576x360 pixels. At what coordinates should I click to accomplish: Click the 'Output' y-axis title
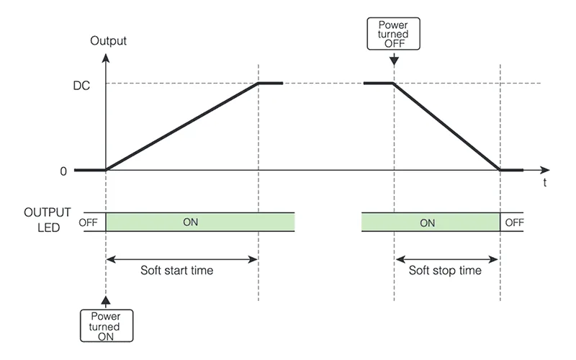point(108,40)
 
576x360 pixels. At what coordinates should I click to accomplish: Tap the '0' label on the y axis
point(63,171)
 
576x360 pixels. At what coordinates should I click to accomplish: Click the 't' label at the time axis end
point(544,184)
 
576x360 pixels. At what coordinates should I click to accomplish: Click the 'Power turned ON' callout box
point(106,326)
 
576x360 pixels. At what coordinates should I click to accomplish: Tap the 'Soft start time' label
point(176,271)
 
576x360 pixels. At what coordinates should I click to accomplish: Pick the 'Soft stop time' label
point(445,271)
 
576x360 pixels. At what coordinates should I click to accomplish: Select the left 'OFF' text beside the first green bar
point(88,222)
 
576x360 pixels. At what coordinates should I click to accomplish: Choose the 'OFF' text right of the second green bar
point(514,222)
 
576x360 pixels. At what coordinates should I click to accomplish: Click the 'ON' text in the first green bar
point(190,222)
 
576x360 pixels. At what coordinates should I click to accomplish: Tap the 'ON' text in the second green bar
point(427,222)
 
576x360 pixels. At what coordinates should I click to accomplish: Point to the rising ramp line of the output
point(181,127)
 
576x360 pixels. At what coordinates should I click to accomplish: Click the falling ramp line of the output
point(446,127)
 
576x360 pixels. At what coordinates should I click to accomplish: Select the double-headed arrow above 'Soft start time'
point(181,258)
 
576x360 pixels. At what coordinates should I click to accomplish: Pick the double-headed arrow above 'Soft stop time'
point(446,258)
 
